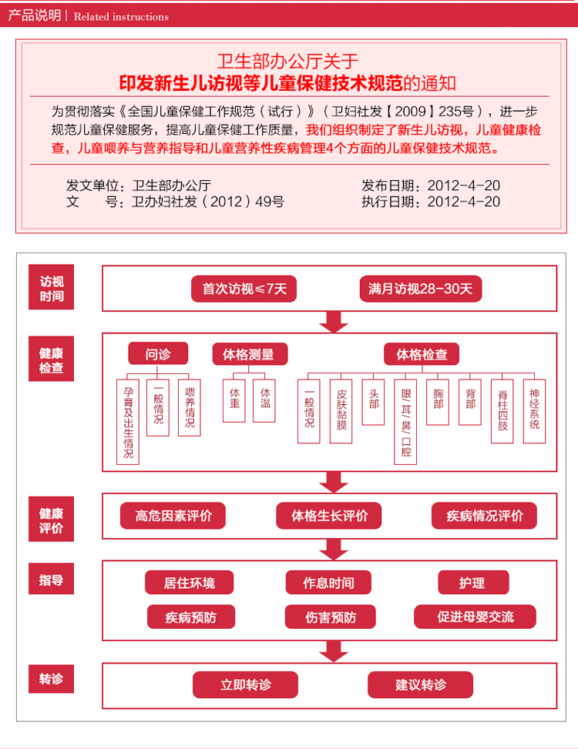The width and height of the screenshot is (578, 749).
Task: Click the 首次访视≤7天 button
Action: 244,289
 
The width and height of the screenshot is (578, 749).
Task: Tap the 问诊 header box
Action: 158,354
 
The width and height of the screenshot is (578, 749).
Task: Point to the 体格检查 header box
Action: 421,354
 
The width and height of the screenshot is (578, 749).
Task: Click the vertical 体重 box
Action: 234,400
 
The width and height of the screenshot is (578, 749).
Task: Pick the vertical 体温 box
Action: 264,400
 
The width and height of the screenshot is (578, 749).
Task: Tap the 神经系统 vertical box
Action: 534,410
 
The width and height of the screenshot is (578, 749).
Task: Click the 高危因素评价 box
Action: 173,516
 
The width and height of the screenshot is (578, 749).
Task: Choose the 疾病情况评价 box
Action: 485,516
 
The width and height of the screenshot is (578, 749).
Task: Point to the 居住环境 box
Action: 190,583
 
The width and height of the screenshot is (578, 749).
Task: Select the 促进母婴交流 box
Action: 475,617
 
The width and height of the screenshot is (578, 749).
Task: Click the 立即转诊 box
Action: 246,684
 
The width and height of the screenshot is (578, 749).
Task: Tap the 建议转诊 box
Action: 420,684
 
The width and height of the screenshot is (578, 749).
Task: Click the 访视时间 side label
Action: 52,288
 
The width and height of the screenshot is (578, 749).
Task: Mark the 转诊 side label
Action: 52,680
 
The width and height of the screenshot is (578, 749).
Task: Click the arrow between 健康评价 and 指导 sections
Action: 334,549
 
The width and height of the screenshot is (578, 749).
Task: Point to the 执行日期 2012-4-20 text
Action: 431,202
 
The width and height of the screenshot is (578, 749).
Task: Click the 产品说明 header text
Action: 34,15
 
